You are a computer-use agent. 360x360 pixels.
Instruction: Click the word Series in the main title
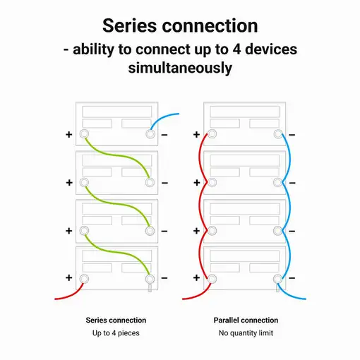click(130, 25)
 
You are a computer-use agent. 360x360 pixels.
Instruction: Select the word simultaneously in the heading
click(180, 68)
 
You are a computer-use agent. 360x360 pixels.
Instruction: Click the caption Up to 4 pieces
click(116, 333)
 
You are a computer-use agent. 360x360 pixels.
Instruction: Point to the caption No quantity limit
click(246, 333)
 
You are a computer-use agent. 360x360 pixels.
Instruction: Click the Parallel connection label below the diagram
click(246, 320)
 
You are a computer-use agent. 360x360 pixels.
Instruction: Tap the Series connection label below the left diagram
click(116, 320)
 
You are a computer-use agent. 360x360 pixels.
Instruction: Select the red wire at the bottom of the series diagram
click(71, 294)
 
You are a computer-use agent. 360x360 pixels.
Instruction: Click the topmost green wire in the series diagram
click(117, 155)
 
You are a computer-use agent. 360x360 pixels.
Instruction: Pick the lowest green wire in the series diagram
click(117, 253)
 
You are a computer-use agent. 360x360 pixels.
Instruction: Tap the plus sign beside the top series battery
click(69, 135)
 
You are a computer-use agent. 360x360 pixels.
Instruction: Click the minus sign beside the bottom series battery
click(164, 278)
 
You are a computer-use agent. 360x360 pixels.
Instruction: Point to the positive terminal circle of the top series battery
click(84, 134)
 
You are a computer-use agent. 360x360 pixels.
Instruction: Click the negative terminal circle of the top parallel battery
click(278, 134)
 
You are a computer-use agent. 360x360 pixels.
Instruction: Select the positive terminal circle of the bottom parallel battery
click(212, 279)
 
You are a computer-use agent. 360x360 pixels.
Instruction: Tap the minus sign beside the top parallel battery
click(292, 135)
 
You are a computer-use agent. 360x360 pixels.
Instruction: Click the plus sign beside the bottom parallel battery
click(196, 278)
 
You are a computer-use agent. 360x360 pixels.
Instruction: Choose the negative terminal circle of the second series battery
click(150, 182)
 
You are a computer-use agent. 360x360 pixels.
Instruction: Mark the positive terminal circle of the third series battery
click(84, 231)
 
